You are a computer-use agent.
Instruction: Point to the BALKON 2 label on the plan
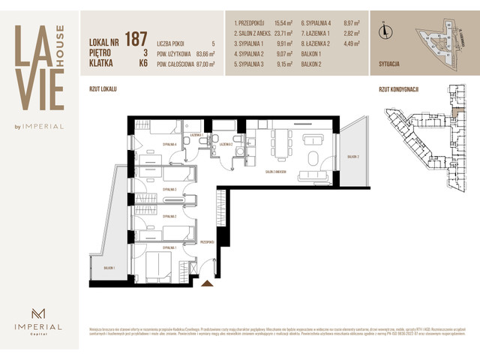click(353, 156)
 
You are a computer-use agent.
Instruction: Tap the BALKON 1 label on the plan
click(109, 267)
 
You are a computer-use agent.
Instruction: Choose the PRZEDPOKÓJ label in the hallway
click(208, 242)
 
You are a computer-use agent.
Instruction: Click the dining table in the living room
click(279, 142)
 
